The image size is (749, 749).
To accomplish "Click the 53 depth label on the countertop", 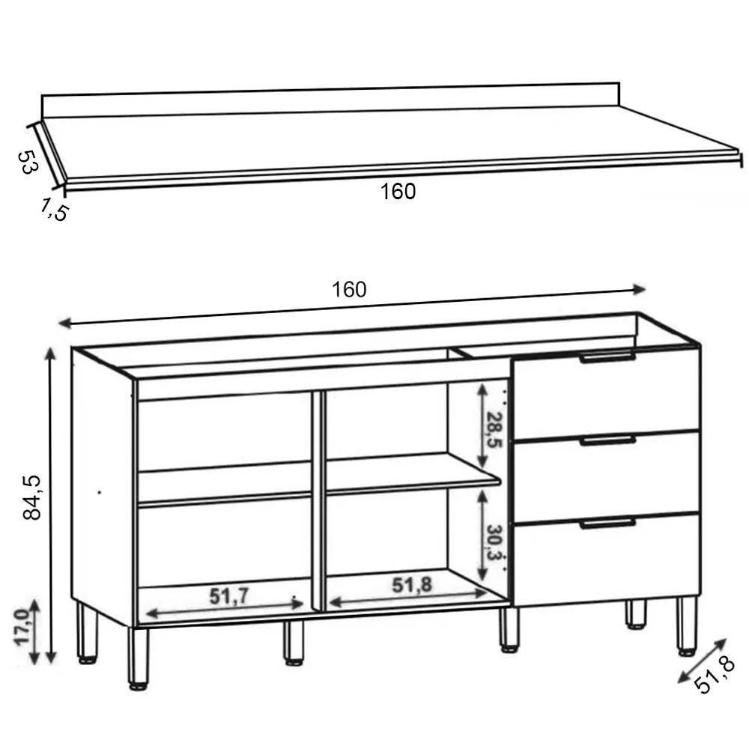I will coord(27,162).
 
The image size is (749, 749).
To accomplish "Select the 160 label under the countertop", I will coord(398,192).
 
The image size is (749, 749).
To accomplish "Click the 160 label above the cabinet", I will coord(350,290).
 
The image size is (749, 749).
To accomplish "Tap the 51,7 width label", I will coord(228,597).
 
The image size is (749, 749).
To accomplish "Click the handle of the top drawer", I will coord(607,358).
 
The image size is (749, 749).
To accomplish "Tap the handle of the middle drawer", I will coord(607,440).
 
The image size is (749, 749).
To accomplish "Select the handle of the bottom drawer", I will coord(607,524).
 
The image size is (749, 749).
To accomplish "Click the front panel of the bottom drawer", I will coord(607,562).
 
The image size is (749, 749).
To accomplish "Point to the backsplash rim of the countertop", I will coord(330,101).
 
